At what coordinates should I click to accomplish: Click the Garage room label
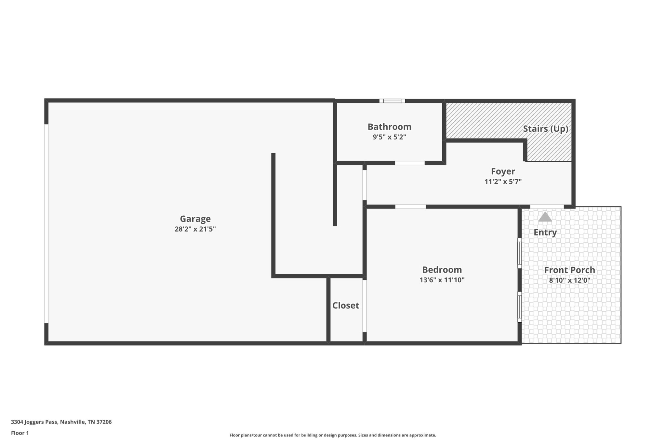195,219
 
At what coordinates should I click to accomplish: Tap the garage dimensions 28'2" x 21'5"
195,229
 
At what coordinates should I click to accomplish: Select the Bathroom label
389,127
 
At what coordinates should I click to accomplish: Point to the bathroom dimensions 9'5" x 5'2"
389,137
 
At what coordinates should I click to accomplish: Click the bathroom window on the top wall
392,101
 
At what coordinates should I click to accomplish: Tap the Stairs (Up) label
545,129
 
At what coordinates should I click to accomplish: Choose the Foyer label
503,171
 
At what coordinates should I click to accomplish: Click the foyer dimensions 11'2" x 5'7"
503,182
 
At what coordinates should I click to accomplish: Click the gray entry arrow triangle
545,217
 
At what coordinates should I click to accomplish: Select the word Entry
545,232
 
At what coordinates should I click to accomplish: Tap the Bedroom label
442,270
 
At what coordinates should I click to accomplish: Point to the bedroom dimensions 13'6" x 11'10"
442,280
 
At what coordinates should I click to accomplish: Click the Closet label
346,305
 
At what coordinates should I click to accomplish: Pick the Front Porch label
569,270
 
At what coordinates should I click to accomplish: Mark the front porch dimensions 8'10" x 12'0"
569,280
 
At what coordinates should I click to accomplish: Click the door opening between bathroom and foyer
410,163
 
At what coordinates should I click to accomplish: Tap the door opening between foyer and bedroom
410,207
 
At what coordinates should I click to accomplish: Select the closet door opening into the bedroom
365,306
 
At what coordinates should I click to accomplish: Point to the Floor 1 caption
20,433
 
